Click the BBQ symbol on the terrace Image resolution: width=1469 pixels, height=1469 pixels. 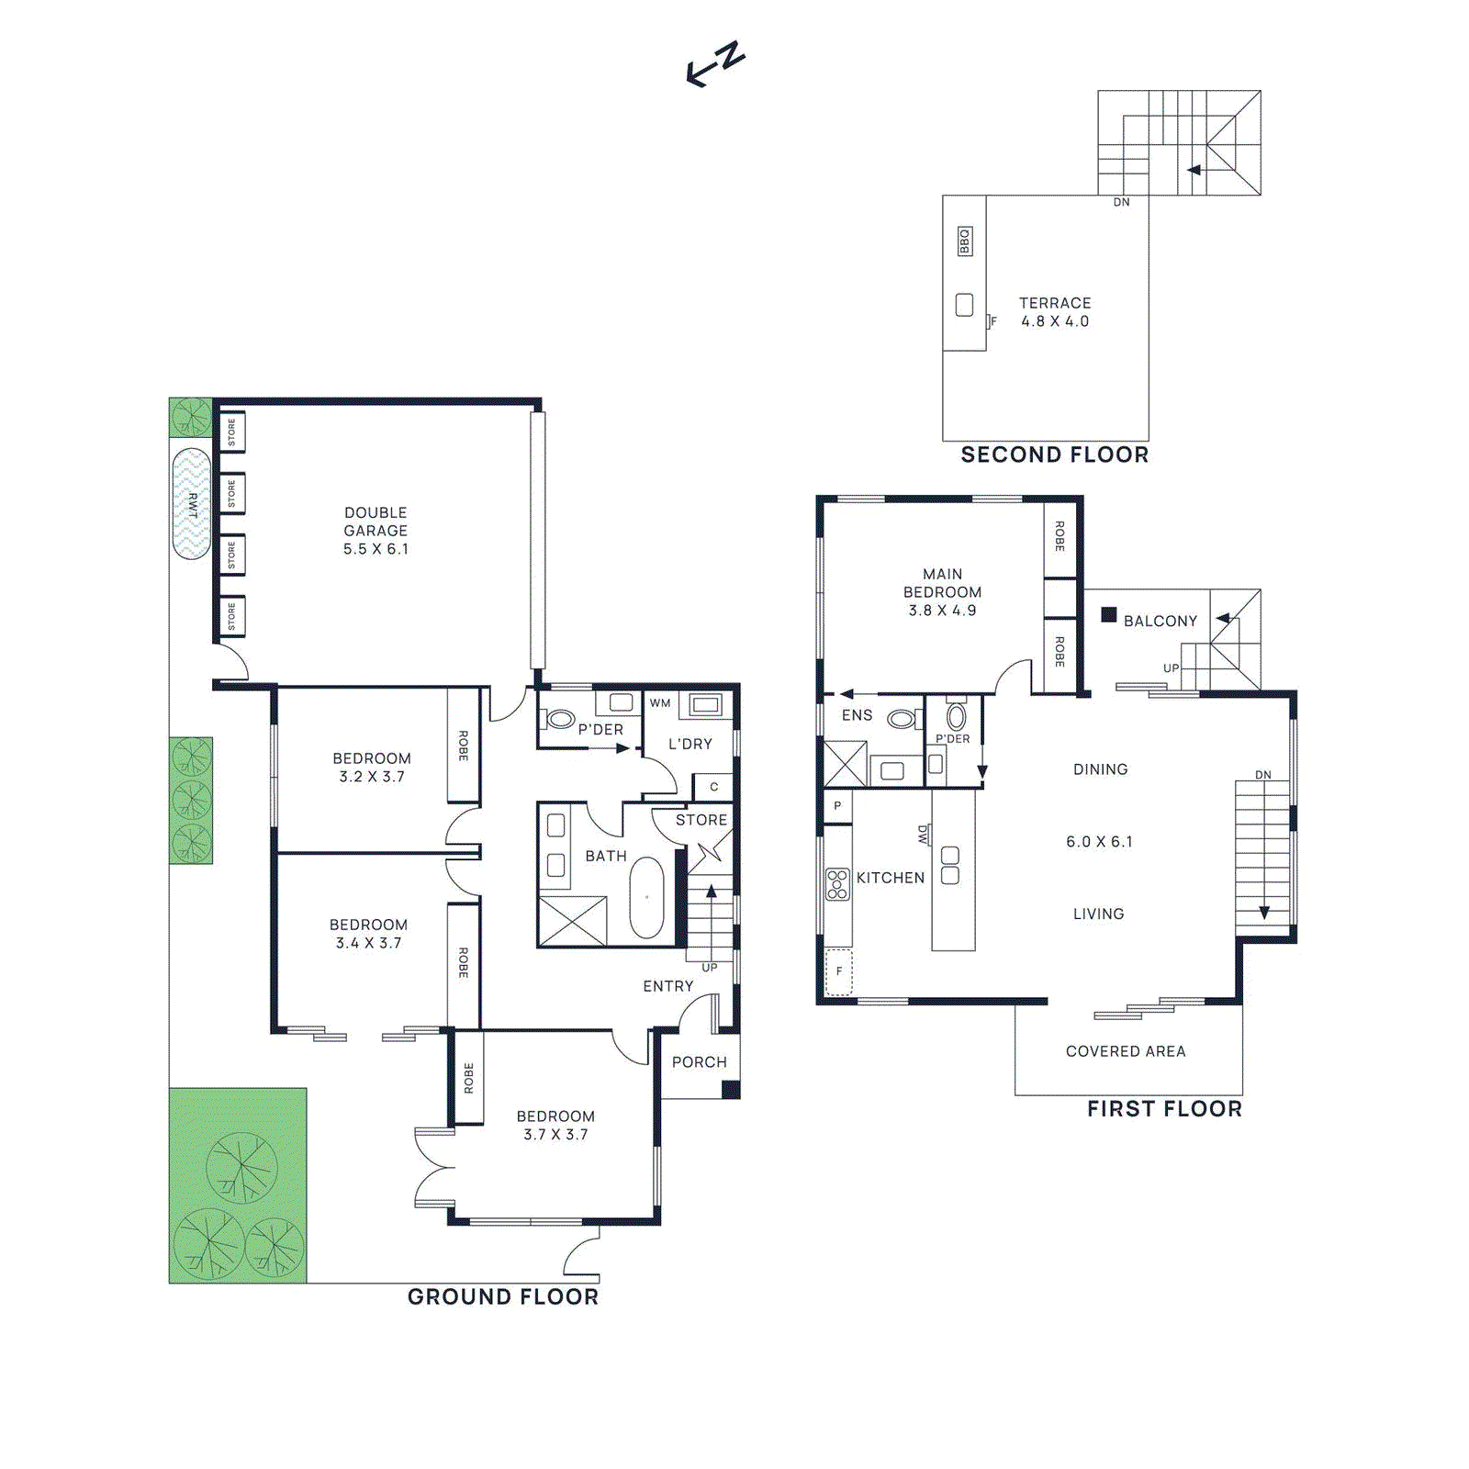(x=964, y=241)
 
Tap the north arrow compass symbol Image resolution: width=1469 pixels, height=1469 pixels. (x=715, y=65)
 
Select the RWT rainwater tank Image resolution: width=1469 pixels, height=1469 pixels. (x=192, y=504)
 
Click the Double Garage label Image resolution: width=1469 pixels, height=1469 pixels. (x=376, y=521)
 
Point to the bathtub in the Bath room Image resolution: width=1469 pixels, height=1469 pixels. (x=646, y=897)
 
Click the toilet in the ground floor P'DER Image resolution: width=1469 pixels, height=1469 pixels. (x=559, y=719)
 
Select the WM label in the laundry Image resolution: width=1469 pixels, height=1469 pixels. (x=660, y=703)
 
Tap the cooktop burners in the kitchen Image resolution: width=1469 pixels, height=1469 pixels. (x=837, y=884)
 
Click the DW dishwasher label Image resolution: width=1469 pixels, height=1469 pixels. (x=923, y=834)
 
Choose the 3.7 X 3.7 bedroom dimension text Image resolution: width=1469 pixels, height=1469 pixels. (x=555, y=1135)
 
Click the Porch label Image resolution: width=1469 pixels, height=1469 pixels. (x=699, y=1062)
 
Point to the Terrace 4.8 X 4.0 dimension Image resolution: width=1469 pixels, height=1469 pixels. (x=1055, y=321)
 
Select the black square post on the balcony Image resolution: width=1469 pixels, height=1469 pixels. (x=1109, y=614)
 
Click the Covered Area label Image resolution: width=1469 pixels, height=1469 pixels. (x=1126, y=1051)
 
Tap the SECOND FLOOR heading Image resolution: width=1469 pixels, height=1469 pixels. (x=1054, y=455)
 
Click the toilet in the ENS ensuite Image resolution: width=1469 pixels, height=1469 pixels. (x=902, y=719)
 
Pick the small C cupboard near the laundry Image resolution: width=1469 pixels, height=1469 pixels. (x=713, y=787)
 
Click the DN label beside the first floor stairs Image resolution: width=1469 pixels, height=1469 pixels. (x=1263, y=775)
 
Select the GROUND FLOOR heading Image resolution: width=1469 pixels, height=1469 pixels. (x=502, y=1297)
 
